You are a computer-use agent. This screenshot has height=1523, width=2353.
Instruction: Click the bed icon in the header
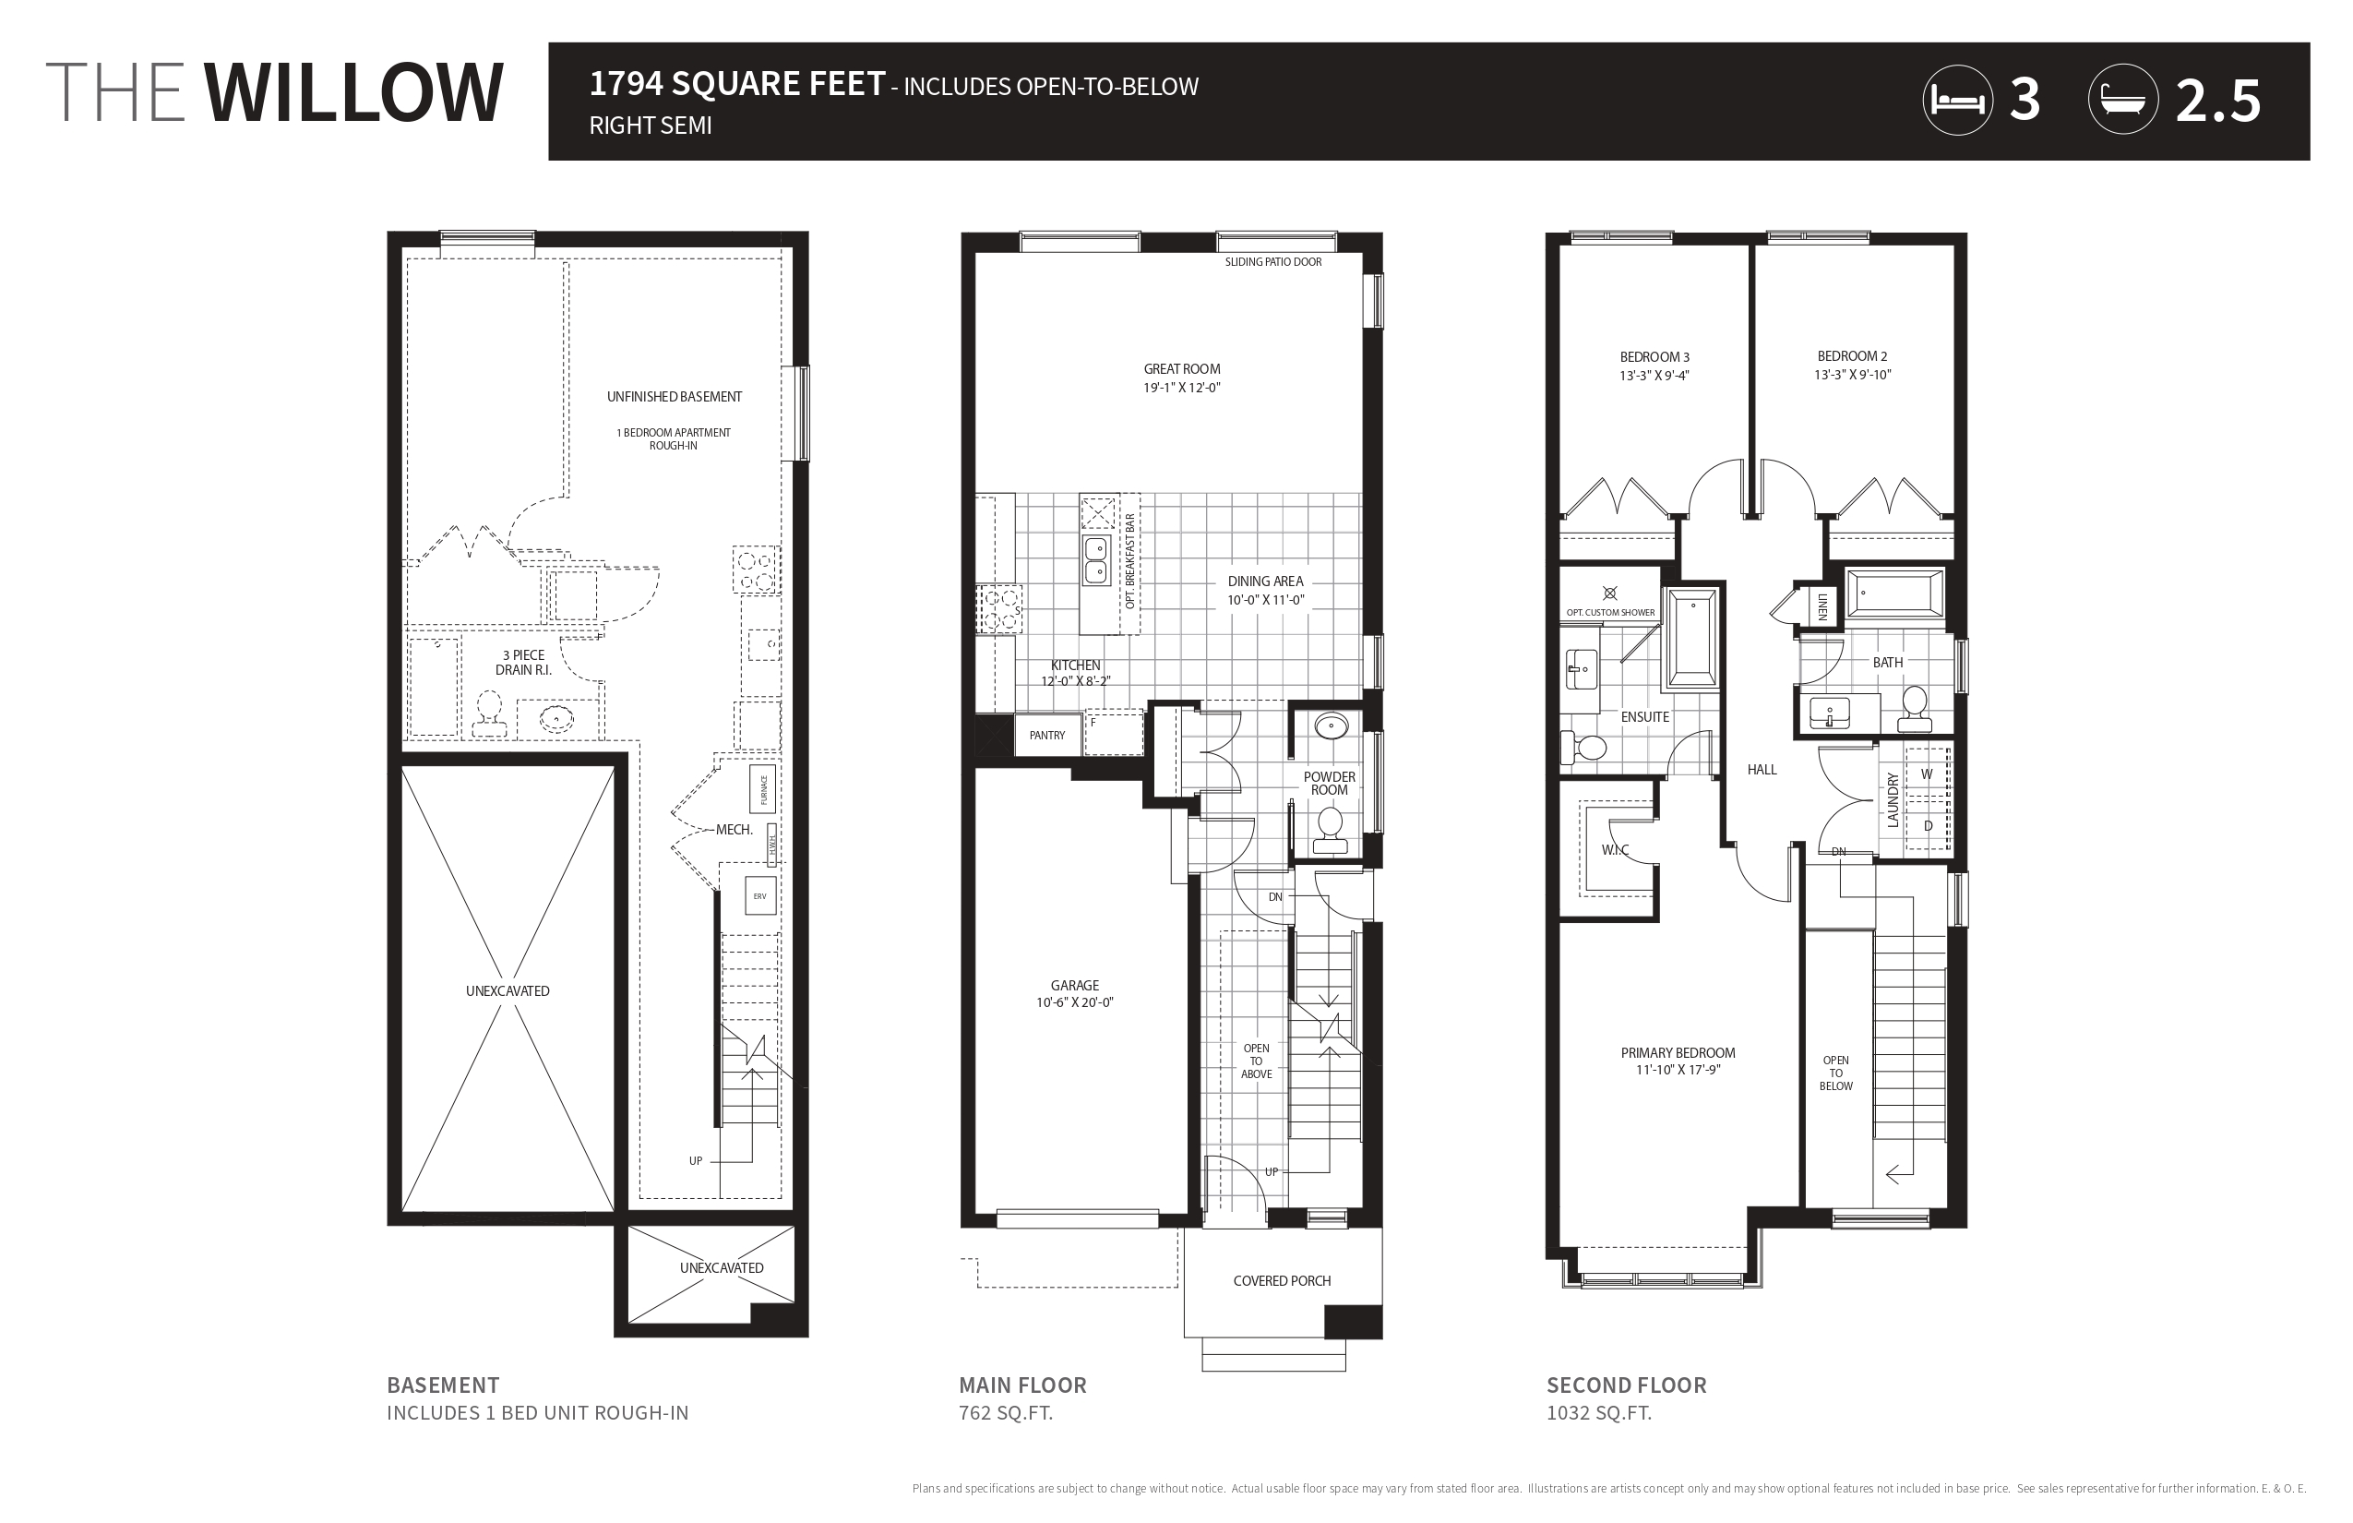tap(1957, 100)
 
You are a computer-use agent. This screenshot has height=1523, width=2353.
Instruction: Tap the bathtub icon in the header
tap(2122, 100)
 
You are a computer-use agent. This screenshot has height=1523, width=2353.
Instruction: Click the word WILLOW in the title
tap(354, 93)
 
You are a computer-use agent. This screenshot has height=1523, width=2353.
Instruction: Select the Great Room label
tap(1182, 369)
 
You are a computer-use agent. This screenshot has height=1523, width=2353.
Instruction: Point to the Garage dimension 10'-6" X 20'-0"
tap(1075, 1002)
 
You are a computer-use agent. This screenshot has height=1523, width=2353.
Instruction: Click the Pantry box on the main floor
tap(1047, 735)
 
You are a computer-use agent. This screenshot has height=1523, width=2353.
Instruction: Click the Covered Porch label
tap(1283, 1281)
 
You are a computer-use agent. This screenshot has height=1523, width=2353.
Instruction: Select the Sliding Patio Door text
tap(1273, 262)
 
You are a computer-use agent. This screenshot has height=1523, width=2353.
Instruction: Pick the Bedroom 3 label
tap(1655, 357)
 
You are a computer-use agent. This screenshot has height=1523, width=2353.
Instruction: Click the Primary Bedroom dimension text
tap(1678, 1069)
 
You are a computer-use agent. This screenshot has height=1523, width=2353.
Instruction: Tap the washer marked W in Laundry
tap(1927, 774)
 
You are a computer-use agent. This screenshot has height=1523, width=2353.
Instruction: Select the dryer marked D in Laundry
tap(1927, 825)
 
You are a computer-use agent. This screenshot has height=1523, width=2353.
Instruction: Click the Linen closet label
tap(1821, 606)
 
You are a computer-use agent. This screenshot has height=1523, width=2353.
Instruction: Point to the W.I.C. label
tap(1615, 850)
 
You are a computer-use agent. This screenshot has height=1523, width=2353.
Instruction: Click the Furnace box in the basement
tap(763, 789)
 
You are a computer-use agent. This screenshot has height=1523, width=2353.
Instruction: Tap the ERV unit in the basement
tap(760, 896)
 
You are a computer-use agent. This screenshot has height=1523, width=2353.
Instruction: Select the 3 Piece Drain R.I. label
tap(524, 663)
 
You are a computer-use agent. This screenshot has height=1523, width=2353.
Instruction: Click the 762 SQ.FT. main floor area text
tap(1006, 1413)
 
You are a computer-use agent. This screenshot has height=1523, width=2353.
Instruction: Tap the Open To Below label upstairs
tap(1836, 1073)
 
